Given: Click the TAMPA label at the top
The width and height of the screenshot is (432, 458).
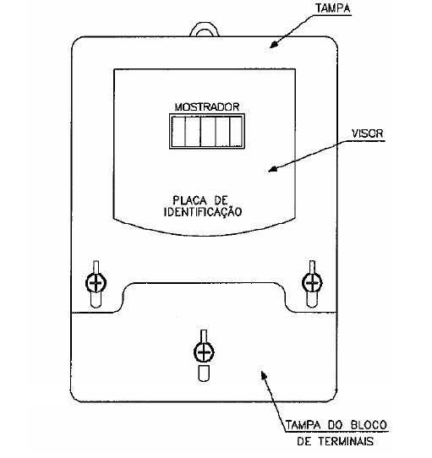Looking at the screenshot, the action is [x=333, y=8].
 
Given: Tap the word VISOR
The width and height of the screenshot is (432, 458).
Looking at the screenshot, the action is [x=367, y=134].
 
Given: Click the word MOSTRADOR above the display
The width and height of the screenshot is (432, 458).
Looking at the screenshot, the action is [x=207, y=107].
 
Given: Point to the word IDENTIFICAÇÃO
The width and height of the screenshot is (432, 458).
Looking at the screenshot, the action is [x=203, y=212].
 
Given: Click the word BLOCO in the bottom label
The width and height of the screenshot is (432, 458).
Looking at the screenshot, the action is [x=369, y=425].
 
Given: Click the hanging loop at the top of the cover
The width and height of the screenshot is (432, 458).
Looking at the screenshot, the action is [x=205, y=30].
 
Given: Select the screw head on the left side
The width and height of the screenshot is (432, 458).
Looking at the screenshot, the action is [x=96, y=283].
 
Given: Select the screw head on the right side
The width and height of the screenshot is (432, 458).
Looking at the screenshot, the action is [x=312, y=283].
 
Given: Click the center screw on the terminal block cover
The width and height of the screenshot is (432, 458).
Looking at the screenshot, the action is [x=204, y=352].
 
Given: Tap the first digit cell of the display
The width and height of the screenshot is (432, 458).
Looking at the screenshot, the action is [x=178, y=132].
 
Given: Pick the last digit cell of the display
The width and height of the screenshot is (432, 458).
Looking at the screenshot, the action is [x=236, y=132].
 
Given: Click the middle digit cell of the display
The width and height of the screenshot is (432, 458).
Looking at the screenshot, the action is [x=208, y=132].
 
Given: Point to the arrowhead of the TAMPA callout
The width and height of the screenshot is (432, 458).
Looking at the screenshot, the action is [x=274, y=45].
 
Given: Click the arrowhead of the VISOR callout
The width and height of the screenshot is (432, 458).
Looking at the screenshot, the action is [x=273, y=169].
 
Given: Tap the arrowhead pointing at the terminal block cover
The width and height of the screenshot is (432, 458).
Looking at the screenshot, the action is [x=264, y=374].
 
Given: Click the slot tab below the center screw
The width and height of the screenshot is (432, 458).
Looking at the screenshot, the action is [x=204, y=373].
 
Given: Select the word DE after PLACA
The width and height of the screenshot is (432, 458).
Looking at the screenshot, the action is [x=221, y=200].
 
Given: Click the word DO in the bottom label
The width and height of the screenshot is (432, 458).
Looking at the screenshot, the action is [x=335, y=425].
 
